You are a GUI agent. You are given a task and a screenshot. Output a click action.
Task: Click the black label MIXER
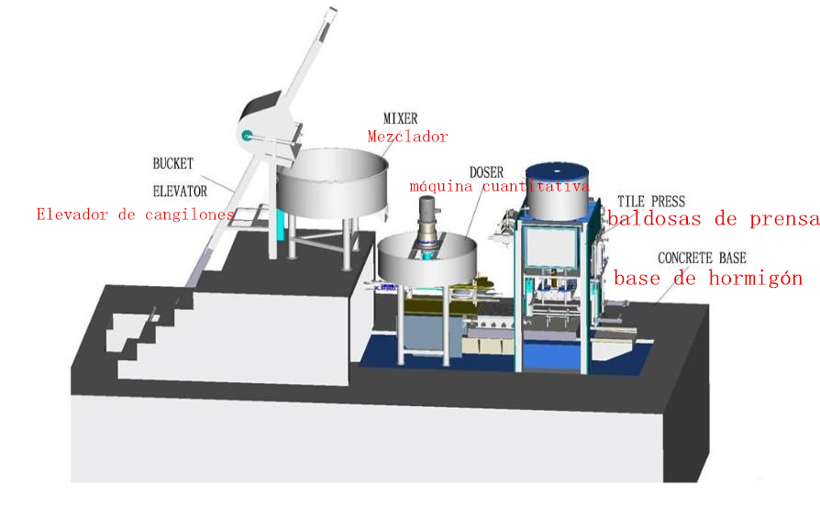click(400, 118)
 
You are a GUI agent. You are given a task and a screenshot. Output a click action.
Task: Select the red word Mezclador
click(407, 137)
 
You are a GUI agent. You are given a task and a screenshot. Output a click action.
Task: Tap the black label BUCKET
click(172, 164)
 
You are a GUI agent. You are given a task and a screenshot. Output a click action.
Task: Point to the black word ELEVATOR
click(180, 192)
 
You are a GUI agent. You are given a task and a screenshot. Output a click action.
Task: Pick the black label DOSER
click(486, 171)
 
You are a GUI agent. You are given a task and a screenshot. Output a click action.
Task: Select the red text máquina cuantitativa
click(499, 187)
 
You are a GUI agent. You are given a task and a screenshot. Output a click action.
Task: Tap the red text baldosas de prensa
click(713, 219)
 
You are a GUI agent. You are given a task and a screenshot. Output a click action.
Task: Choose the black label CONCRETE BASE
click(707, 258)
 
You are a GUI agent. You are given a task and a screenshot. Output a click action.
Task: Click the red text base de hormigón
click(707, 278)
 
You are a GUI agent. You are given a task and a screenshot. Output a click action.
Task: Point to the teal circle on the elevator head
click(247, 136)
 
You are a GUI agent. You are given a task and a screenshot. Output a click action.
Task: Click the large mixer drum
click(331, 182)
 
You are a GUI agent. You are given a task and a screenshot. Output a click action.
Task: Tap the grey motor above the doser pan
click(427, 230)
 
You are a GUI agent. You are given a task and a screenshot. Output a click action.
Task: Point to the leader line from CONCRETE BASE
click(678, 279)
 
